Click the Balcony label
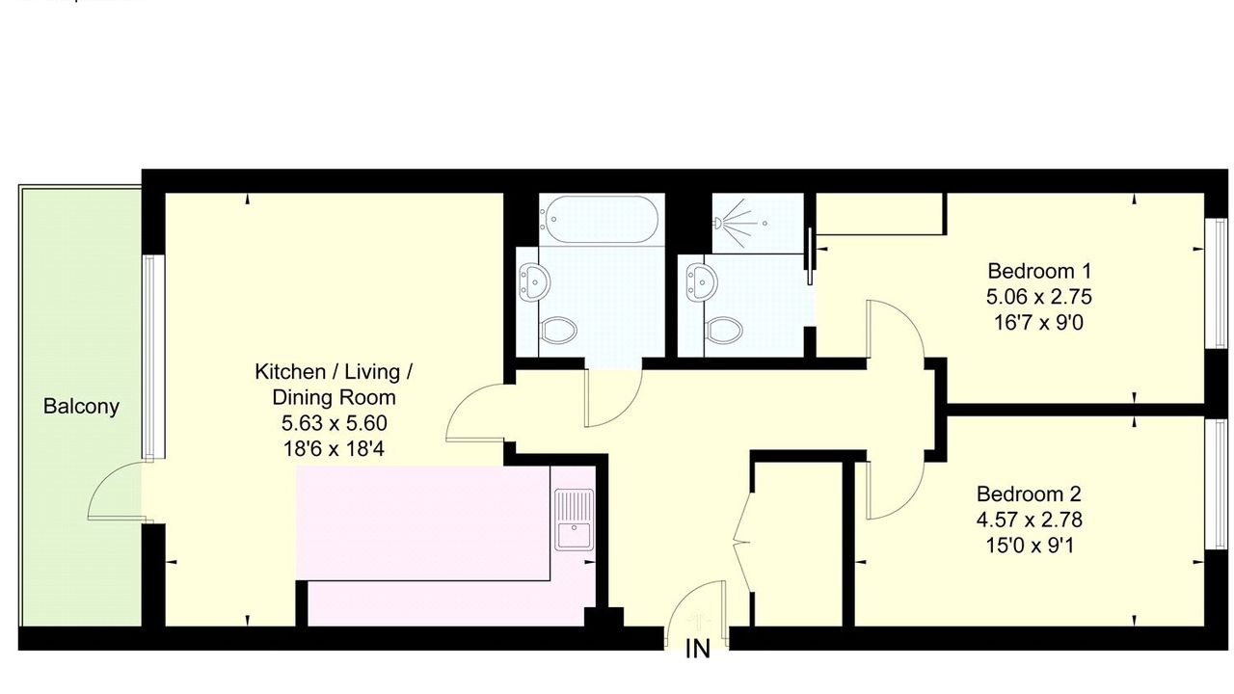click(81, 407)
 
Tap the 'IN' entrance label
click(698, 650)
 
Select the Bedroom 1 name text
click(1039, 271)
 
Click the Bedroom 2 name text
click(1029, 494)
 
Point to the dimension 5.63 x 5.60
click(334, 423)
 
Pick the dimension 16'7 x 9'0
click(1039, 322)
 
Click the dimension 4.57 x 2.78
click(1029, 520)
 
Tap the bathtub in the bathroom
click(599, 219)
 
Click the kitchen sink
click(574, 520)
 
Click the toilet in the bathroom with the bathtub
click(558, 330)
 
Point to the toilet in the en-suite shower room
click(724, 330)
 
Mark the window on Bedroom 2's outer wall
click(1216, 485)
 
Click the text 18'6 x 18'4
click(334, 449)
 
